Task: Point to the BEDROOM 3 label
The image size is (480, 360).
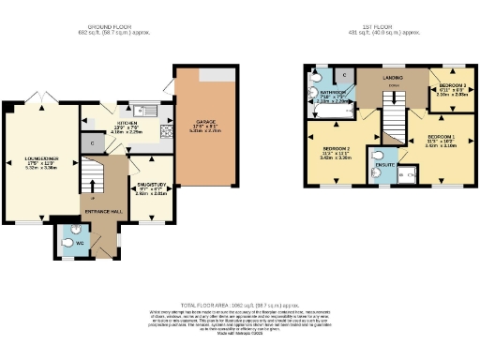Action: click(452, 86)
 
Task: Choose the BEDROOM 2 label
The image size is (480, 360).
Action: click(336, 149)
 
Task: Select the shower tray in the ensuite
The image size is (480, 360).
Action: click(408, 173)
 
